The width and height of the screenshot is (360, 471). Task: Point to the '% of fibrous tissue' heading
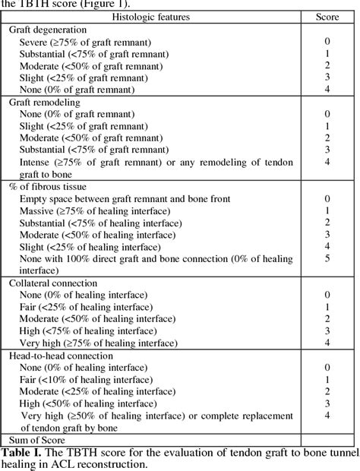tap(48, 187)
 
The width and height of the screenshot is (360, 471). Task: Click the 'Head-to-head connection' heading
tap(62, 356)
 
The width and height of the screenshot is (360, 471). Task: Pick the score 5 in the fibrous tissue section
tap(327, 258)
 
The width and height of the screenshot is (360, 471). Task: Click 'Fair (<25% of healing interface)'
tap(87, 307)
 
